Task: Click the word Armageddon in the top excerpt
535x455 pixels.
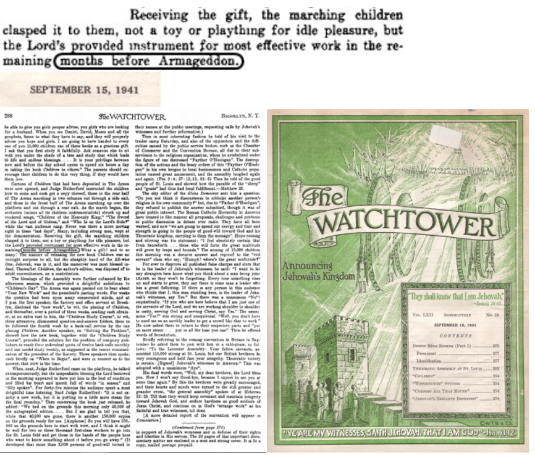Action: [x=208, y=62]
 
